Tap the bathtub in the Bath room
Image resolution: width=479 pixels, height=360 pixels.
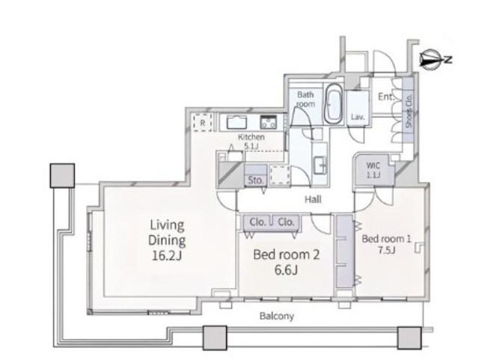(333, 103)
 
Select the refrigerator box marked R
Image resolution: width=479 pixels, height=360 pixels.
(203, 123)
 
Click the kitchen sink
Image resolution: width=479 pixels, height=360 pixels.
(237, 123)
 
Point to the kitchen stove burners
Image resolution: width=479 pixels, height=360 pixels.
(268, 122)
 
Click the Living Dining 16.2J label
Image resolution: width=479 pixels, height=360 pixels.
(167, 240)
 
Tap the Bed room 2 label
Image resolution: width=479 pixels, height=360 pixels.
(286, 262)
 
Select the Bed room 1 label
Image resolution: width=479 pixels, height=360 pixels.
(386, 244)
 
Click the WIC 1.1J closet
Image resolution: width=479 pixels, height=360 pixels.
(373, 170)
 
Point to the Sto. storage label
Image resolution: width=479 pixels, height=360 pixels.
(255, 180)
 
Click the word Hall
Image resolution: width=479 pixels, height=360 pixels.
(313, 200)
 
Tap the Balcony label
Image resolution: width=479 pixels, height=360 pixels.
(277, 316)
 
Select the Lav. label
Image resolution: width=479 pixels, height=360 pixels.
(358, 117)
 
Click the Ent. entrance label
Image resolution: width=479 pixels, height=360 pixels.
(386, 97)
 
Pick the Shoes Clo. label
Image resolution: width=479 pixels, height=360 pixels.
(409, 111)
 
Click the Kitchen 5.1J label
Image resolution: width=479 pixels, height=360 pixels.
(251, 141)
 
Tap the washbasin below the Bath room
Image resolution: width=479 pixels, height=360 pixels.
(320, 165)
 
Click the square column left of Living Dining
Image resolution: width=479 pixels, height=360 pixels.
(62, 175)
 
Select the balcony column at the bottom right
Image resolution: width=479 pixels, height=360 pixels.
(409, 338)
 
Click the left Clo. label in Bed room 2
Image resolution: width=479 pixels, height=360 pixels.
(257, 222)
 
